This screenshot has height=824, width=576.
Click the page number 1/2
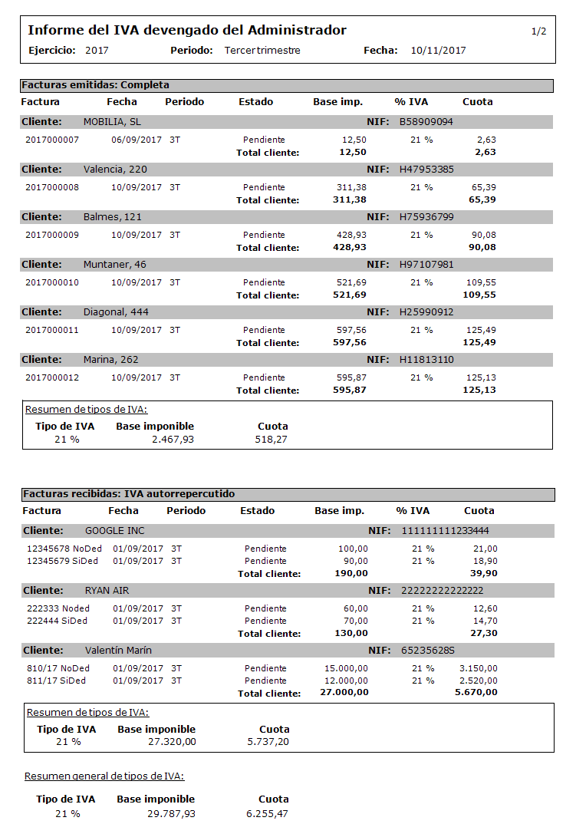538,31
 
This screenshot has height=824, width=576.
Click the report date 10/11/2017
438,51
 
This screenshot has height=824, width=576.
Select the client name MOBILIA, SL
112,122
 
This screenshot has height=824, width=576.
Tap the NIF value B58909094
426,122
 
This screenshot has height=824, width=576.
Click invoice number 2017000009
52,235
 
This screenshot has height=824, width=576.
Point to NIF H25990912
426,312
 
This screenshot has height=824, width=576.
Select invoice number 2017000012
52,377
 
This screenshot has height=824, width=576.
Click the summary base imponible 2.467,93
172,440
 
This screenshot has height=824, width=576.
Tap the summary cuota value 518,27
272,440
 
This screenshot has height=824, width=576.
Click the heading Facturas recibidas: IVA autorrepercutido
129,494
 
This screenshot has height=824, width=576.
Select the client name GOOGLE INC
114,531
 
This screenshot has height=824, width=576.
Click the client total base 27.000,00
344,692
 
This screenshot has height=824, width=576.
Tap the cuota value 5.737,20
268,742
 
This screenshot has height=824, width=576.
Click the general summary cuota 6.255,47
267,813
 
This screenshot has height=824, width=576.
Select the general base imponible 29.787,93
171,813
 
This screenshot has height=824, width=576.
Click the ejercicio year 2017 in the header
97,51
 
